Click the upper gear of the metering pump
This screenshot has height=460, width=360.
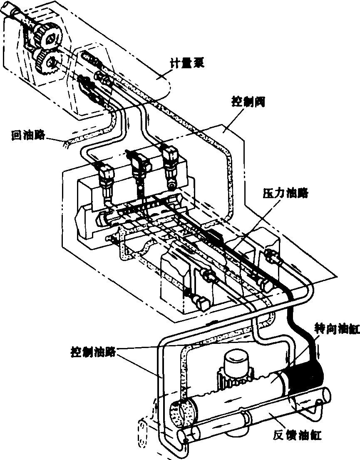[x=49, y=37]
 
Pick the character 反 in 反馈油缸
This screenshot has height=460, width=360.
[x=278, y=436]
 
